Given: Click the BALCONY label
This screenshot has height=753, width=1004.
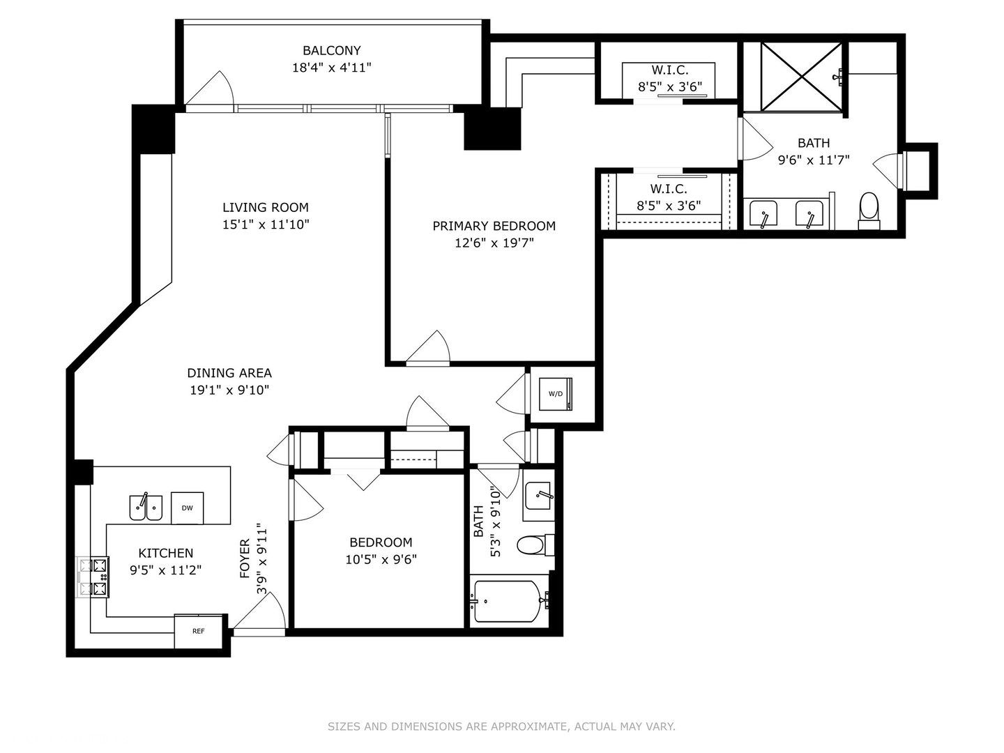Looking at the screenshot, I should point(331,51).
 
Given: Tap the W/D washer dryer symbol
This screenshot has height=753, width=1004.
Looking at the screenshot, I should point(556,394).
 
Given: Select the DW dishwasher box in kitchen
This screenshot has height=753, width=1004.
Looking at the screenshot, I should point(187,508).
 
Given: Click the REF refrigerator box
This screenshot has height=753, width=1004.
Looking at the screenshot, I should point(199,631).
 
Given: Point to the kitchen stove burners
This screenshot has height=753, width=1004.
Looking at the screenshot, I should point(93,577).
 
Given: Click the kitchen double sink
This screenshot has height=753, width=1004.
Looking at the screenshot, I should point(146,508).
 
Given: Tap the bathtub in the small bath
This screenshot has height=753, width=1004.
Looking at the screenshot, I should point(507,601).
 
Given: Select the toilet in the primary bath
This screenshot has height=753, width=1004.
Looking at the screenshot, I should point(869,208).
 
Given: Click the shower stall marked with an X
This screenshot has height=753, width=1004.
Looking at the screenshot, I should point(800,76).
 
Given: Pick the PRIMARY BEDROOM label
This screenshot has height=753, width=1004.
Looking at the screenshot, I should point(494,226).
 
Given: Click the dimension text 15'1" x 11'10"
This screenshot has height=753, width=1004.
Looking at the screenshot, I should point(265,225).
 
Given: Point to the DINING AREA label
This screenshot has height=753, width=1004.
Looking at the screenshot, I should point(229,373).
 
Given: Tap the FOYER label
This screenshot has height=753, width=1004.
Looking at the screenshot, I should point(245,558).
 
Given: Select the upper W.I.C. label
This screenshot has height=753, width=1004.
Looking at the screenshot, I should point(669,70).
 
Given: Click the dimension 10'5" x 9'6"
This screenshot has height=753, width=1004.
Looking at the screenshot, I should point(381,559).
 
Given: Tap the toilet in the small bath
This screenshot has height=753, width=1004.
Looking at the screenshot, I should point(534,545).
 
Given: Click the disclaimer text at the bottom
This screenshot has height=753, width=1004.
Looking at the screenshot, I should point(501,727).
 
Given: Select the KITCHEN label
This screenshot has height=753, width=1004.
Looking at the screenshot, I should point(165,553).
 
